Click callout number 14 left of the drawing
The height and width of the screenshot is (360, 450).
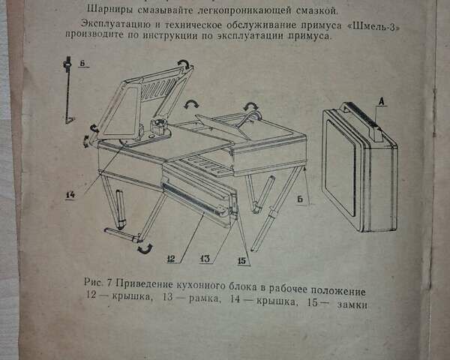tap(70, 195)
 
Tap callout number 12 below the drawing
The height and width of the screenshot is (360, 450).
tap(171, 259)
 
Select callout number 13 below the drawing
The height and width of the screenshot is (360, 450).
tap(205, 259)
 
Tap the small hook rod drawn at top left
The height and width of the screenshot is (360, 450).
tap(68, 90)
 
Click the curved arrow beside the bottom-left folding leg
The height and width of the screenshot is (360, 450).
tap(143, 247)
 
